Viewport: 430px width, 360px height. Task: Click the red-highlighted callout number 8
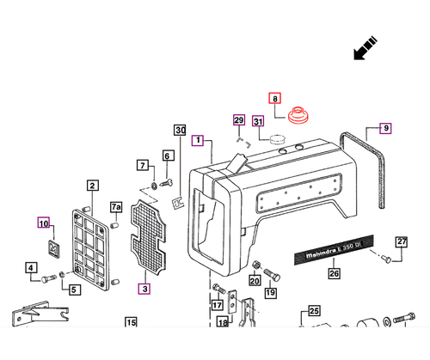(x=275, y=98)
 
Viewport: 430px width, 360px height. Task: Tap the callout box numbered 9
(x=385, y=128)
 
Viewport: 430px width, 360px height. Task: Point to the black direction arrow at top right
(x=365, y=48)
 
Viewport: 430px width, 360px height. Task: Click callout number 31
(x=258, y=121)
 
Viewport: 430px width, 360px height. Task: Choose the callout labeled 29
(x=239, y=120)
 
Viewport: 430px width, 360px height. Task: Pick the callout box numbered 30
(x=180, y=130)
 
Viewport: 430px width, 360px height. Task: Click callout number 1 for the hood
(x=198, y=140)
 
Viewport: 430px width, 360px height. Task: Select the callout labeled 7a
(x=116, y=207)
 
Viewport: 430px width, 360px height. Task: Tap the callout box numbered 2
(x=93, y=186)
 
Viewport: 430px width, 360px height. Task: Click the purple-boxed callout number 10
(x=44, y=223)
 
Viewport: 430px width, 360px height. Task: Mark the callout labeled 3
(x=144, y=289)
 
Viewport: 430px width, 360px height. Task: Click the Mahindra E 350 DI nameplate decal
(x=335, y=250)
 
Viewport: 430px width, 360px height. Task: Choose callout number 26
(x=334, y=273)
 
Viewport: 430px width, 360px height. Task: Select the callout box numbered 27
(x=402, y=242)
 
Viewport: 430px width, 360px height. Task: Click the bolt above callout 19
(x=272, y=275)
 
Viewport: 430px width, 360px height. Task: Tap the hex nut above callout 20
(x=256, y=265)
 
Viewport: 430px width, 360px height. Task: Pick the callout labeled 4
(x=31, y=268)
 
